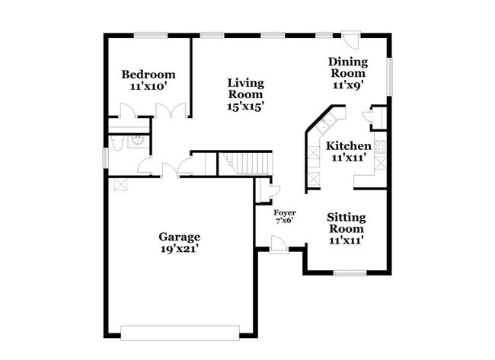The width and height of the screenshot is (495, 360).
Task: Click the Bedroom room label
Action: pyautogui.click(x=148, y=75)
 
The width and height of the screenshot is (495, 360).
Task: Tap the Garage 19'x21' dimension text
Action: pyautogui.click(x=179, y=249)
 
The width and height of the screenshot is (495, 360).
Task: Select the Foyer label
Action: pyautogui.click(x=285, y=212)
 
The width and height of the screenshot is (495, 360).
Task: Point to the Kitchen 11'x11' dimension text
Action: pyautogui.click(x=349, y=157)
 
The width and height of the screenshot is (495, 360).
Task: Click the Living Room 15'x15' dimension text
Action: pyautogui.click(x=246, y=107)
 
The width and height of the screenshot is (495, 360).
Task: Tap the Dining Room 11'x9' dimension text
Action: pyautogui.click(x=348, y=85)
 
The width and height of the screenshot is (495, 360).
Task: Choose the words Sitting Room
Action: pyautogui.click(x=346, y=223)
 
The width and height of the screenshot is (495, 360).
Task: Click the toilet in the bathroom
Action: pyautogui.click(x=117, y=143)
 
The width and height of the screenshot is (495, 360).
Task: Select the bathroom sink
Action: pyautogui.click(x=139, y=141)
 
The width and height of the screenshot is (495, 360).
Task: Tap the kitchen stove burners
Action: pyautogui.click(x=381, y=148)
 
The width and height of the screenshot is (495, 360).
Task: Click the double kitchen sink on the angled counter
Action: pyautogui.click(x=327, y=124)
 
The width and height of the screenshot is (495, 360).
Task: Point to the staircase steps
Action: pyautogui.click(x=245, y=163)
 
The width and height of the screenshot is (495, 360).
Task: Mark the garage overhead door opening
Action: pyautogui.click(x=180, y=333)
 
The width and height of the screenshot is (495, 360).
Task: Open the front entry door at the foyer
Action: pyautogui.click(x=279, y=244)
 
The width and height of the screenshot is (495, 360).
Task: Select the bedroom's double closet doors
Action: pyautogui.click(x=171, y=111)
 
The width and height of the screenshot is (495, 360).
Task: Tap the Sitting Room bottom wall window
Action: pyautogui.click(x=350, y=273)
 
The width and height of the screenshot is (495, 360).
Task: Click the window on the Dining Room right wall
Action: pyautogui.click(x=390, y=76)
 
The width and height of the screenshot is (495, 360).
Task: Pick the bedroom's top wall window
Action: pyautogui.click(x=151, y=35)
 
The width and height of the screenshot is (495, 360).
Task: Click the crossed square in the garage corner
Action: pyautogui.click(x=121, y=184)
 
